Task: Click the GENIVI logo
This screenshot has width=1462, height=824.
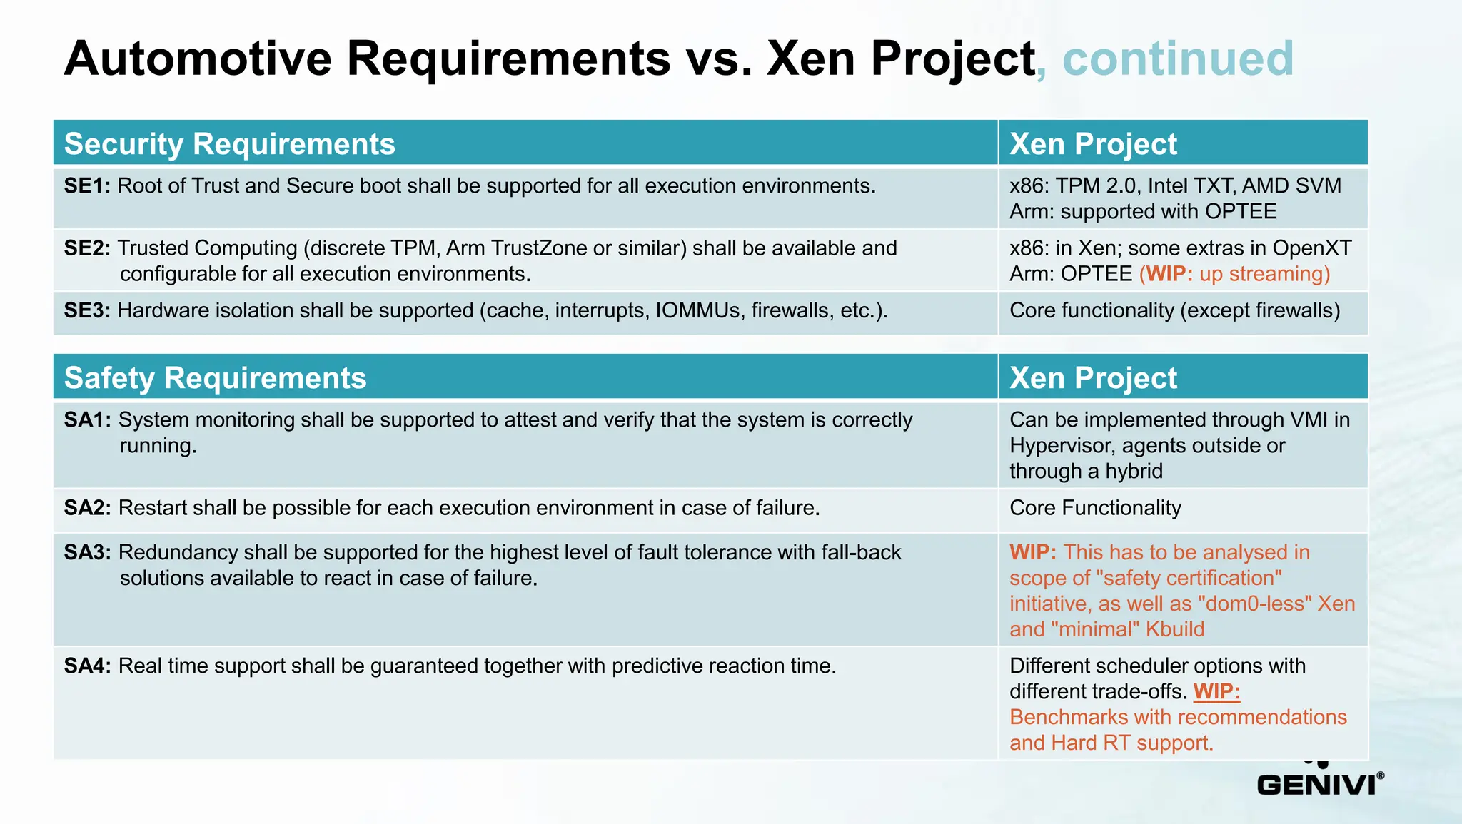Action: [x=1319, y=783]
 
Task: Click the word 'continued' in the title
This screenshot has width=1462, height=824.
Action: [x=1178, y=59]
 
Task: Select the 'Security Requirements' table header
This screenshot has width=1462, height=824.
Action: [x=229, y=144]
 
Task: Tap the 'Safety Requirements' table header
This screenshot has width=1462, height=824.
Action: [x=215, y=378]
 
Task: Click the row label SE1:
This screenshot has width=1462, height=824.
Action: [x=87, y=186]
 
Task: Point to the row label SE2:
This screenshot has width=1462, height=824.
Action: [x=87, y=248]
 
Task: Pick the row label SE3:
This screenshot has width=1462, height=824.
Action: [x=87, y=311]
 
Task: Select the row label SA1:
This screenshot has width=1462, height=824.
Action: [x=87, y=420]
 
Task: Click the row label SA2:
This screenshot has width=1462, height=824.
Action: [x=87, y=508]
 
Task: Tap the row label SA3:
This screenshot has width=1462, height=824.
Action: [x=87, y=553]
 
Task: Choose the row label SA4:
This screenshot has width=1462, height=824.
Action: [x=87, y=666]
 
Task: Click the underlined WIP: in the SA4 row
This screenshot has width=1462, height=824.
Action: [x=1216, y=691]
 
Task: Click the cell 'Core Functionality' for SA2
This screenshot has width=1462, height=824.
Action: [x=1095, y=508]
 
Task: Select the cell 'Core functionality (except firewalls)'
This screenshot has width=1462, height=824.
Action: [x=1174, y=311]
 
